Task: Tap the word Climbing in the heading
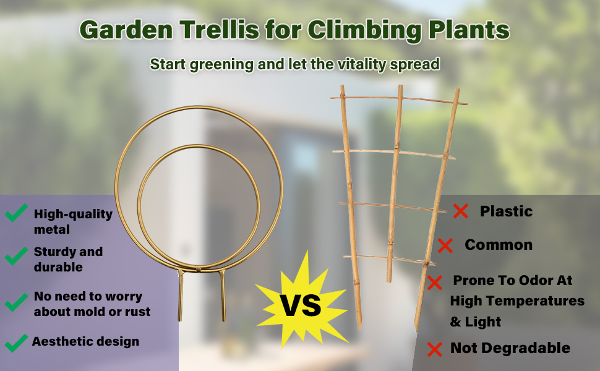(x=364, y=30)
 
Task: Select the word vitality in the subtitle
(x=362, y=65)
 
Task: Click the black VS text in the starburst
(x=301, y=305)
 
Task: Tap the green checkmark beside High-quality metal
(x=16, y=212)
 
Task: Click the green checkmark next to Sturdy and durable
(x=16, y=255)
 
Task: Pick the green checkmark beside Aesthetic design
(x=16, y=343)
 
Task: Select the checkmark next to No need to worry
(x=16, y=302)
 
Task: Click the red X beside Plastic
(x=461, y=211)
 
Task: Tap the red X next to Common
(x=445, y=245)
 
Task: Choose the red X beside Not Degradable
(x=435, y=349)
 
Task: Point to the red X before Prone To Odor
(x=435, y=283)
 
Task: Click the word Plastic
(x=506, y=211)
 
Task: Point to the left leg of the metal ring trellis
(x=181, y=296)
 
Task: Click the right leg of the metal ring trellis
(x=223, y=296)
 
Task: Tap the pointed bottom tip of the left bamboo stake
(x=359, y=329)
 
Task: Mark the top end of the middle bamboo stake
(x=400, y=86)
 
